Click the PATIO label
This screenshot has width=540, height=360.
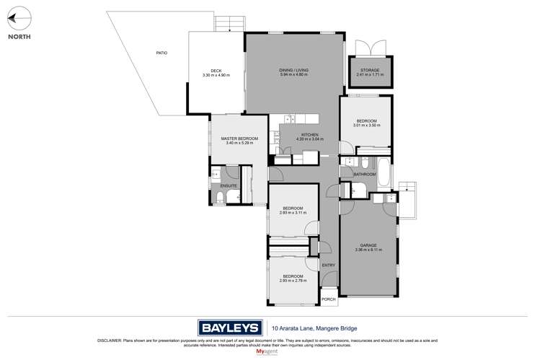(x=161, y=53)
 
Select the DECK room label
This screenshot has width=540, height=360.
(x=216, y=70)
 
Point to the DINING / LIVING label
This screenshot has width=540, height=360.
(x=293, y=70)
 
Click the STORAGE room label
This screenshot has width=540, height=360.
(x=368, y=70)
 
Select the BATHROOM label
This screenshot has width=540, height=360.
(x=364, y=174)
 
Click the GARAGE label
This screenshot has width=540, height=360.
(x=368, y=245)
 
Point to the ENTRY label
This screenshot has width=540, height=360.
(x=329, y=265)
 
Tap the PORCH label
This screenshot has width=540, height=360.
(x=329, y=299)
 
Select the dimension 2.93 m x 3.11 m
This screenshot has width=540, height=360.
(x=293, y=213)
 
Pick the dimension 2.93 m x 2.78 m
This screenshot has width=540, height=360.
(x=293, y=281)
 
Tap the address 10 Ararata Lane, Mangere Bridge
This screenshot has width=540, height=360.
(x=306, y=326)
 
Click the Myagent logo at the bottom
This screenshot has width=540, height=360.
(x=270, y=352)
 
